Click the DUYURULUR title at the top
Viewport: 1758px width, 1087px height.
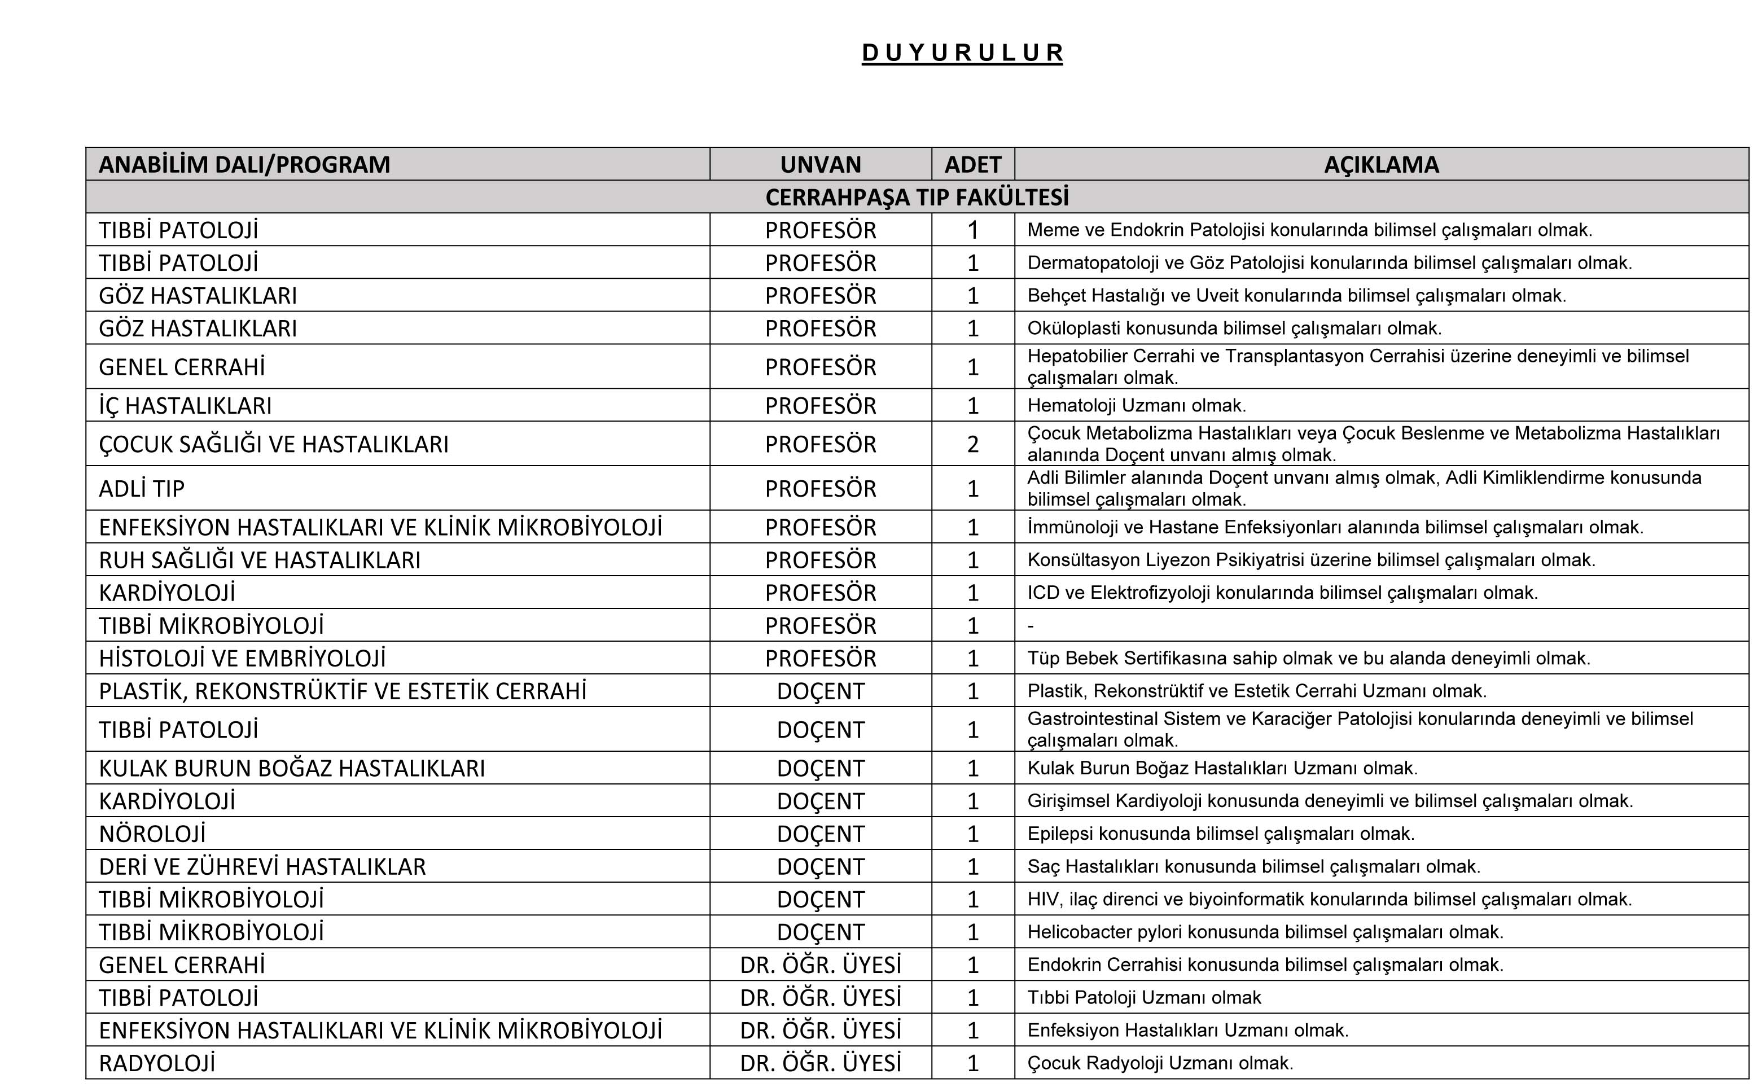click(x=962, y=53)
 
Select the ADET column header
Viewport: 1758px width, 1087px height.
click(x=972, y=165)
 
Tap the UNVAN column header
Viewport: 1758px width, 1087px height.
click(x=820, y=165)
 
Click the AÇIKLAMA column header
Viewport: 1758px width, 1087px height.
click(x=1380, y=165)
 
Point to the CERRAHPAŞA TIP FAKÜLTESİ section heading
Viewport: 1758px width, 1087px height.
click(x=917, y=197)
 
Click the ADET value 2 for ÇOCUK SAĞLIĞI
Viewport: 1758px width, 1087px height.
click(x=972, y=444)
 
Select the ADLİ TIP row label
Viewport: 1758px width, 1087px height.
click(x=142, y=489)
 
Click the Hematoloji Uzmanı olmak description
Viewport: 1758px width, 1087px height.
click(x=1136, y=405)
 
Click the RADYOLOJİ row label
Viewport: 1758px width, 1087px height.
click(x=157, y=1063)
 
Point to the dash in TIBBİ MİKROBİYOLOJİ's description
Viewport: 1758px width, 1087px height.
click(x=1031, y=626)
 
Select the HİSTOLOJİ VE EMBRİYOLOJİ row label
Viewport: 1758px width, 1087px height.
click(x=242, y=659)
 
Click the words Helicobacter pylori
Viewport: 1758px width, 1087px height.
click(x=1104, y=932)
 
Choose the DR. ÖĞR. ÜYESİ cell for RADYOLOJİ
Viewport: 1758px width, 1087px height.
click(x=820, y=1063)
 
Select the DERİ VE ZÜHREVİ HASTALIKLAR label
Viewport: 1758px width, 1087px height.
click(x=262, y=867)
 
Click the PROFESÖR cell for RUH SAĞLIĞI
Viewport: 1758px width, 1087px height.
click(x=820, y=560)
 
